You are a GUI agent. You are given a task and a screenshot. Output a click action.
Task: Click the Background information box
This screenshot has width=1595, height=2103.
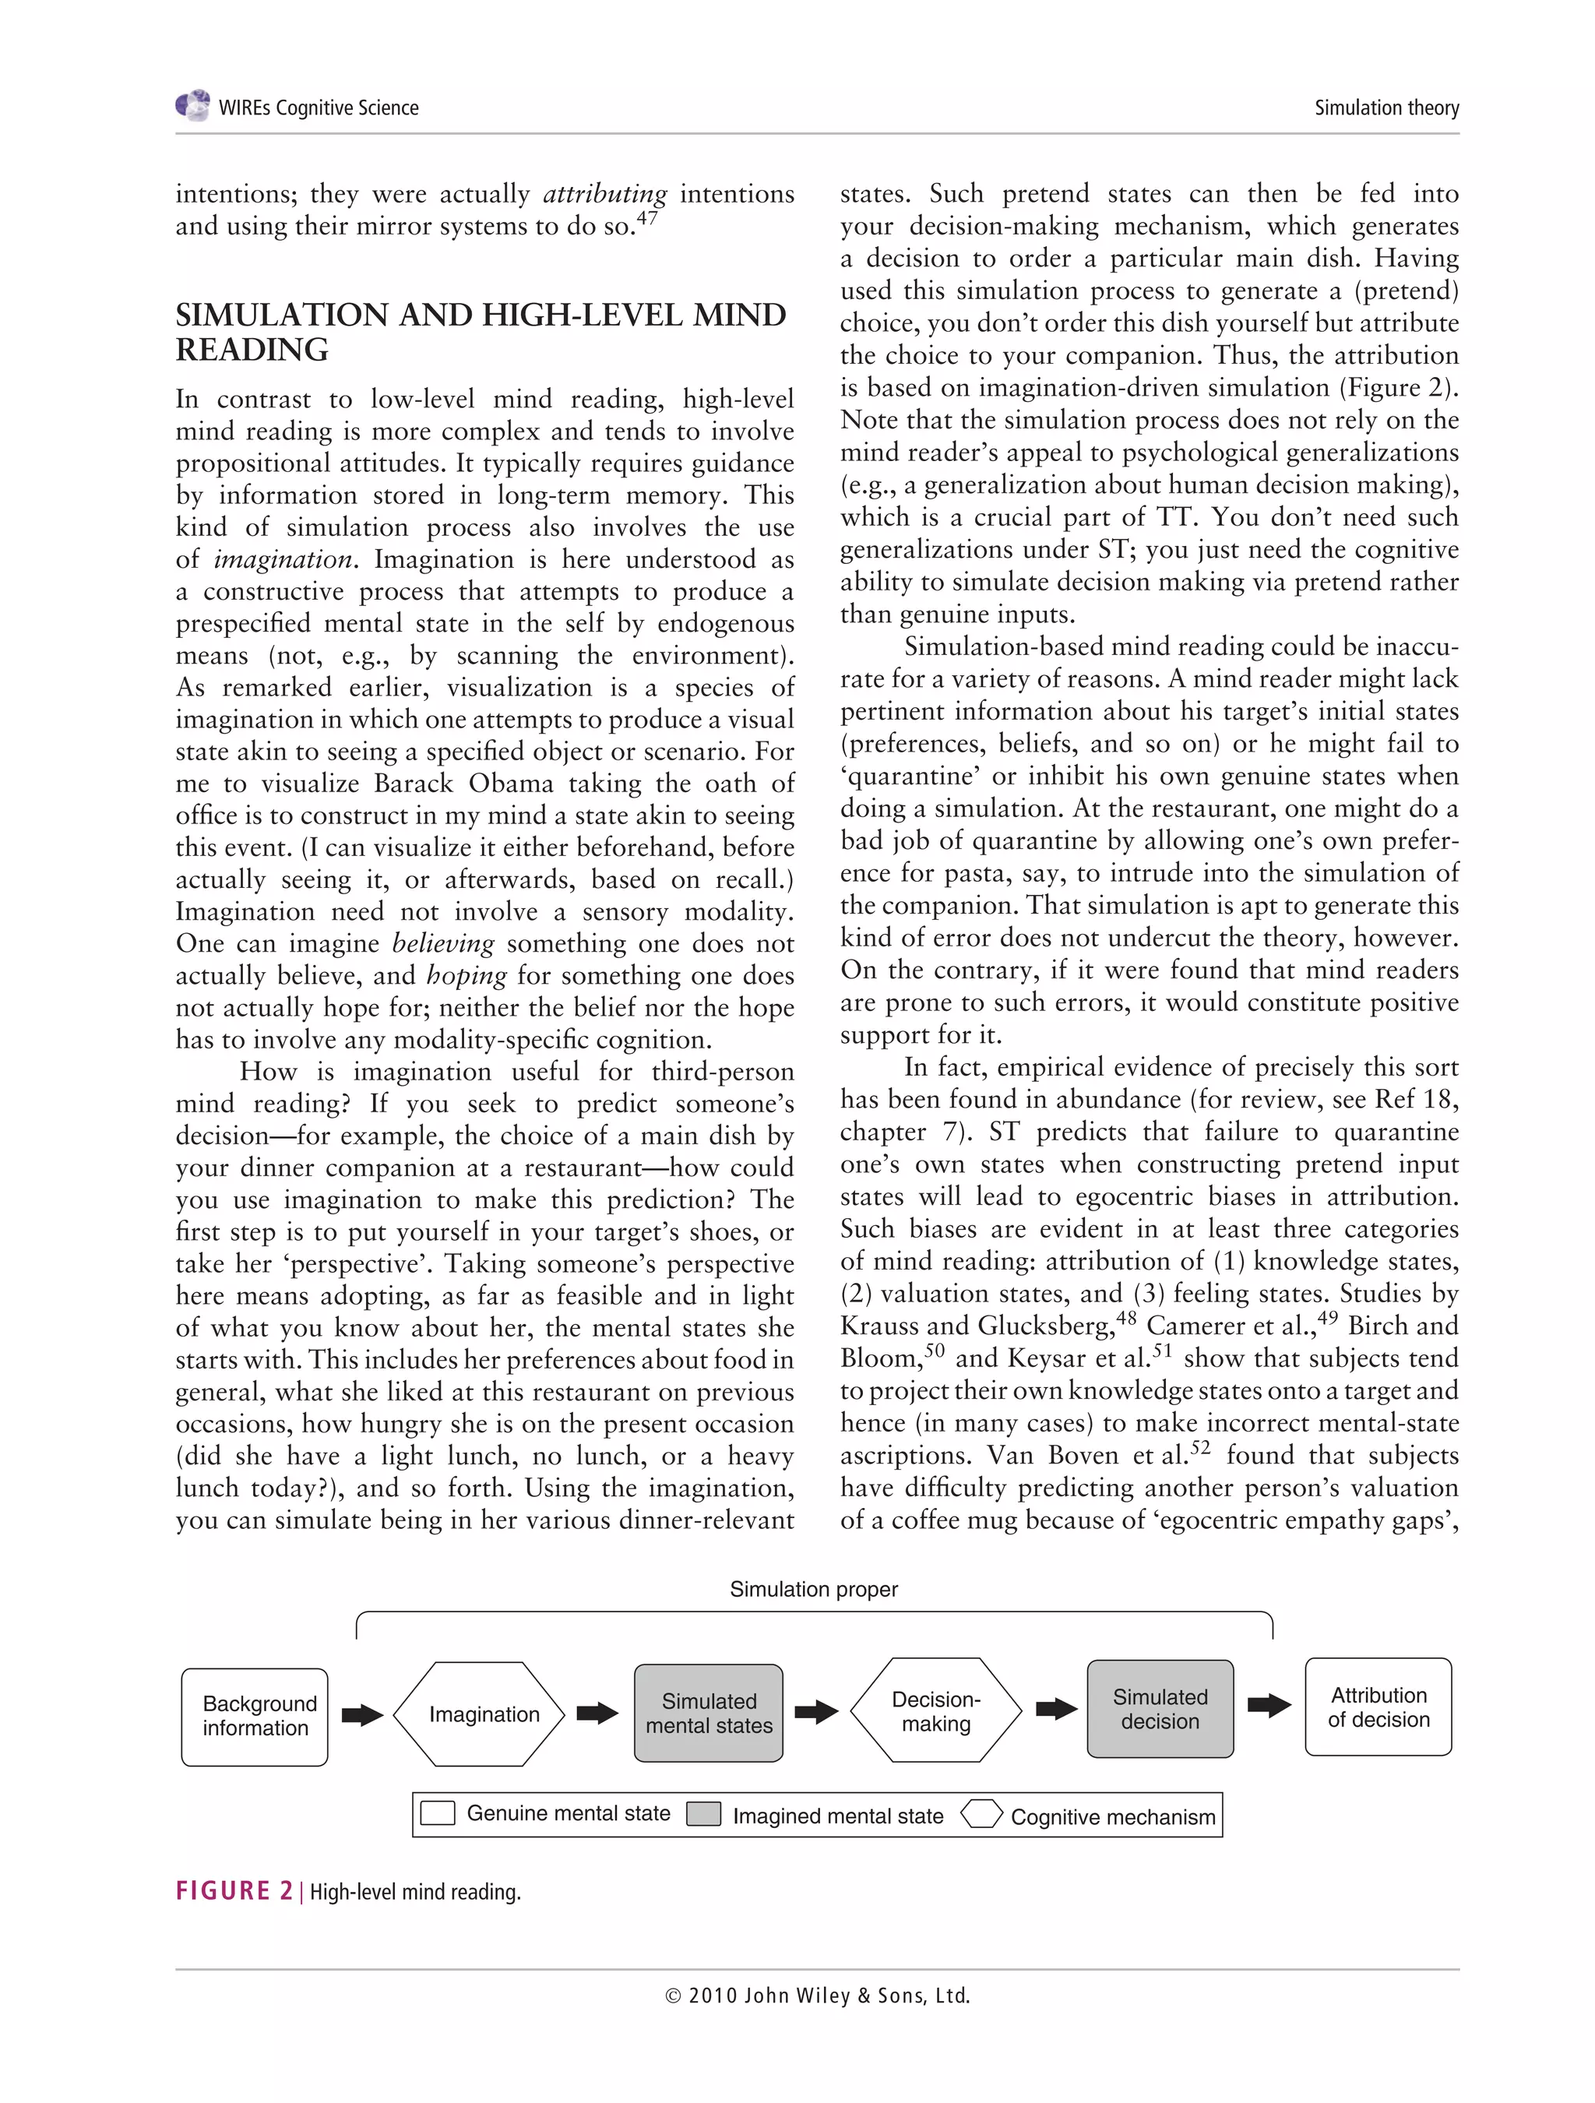[x=255, y=1717]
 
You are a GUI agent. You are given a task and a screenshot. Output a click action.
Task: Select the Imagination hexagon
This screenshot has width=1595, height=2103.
[x=483, y=1714]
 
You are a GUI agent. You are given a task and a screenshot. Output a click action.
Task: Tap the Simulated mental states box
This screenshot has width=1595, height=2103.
[x=709, y=1714]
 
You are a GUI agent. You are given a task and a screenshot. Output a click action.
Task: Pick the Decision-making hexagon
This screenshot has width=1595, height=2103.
[x=935, y=1711]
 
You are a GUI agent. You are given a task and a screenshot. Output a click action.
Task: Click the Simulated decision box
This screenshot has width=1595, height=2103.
[x=1160, y=1710]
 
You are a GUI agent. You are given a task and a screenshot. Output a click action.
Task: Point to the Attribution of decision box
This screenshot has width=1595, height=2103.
[x=1378, y=1707]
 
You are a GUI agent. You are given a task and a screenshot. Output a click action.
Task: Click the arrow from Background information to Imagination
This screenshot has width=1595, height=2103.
[x=362, y=1715]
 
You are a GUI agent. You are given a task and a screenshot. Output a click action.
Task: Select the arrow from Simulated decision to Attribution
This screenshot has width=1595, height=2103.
[x=1268, y=1706]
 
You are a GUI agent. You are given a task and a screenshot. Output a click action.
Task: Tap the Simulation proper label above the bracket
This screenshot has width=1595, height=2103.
[x=814, y=1590]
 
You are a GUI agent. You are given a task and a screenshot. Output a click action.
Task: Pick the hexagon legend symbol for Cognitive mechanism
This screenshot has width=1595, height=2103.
[x=981, y=1815]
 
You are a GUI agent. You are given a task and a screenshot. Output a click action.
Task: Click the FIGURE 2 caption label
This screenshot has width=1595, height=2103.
[x=234, y=1891]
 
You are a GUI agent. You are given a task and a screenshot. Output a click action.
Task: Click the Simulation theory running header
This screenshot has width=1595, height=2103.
[x=1386, y=107]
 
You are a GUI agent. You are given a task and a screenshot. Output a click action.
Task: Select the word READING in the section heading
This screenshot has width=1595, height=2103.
[x=252, y=350]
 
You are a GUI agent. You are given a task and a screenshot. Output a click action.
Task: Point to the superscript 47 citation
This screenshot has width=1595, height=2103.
[x=646, y=219]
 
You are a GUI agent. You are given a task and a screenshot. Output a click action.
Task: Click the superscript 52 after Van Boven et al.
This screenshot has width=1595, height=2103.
[x=1200, y=1448]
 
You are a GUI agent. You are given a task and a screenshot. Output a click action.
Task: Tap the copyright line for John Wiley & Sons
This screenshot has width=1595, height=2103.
[x=818, y=1996]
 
